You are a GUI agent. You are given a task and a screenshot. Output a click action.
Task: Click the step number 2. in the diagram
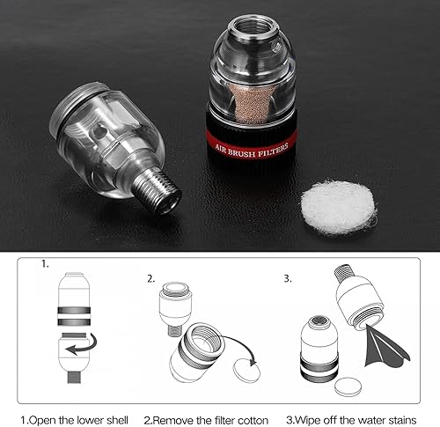151,279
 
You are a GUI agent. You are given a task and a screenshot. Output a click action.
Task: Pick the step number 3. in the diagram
288,279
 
